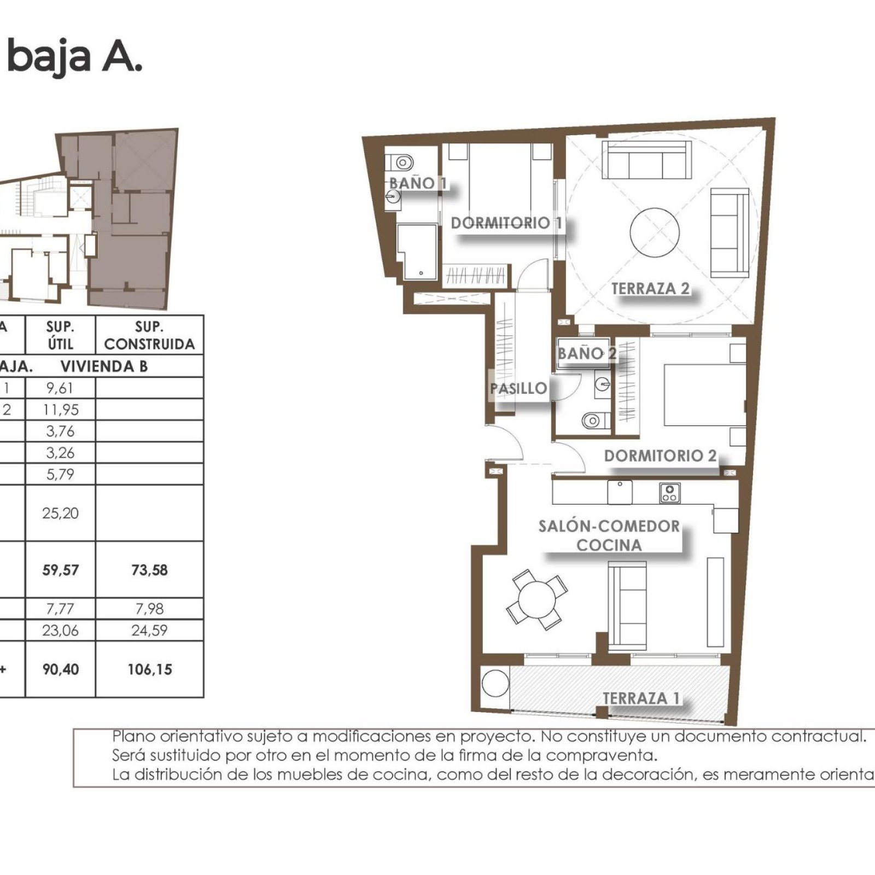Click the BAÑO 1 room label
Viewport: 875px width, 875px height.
418,183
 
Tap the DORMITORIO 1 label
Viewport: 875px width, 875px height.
506,223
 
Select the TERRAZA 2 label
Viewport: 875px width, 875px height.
650,288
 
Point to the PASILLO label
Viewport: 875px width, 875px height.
518,388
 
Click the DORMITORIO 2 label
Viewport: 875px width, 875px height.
660,456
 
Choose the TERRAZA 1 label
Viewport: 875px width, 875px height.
641,698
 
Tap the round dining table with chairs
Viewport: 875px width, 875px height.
536,599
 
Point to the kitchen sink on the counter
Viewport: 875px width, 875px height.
620,492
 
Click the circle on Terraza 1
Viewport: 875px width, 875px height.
495,684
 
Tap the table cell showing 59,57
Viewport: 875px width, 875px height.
60,570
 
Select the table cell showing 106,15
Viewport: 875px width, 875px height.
149,669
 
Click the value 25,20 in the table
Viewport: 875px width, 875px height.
60,513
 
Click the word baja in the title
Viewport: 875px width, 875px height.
49,57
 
